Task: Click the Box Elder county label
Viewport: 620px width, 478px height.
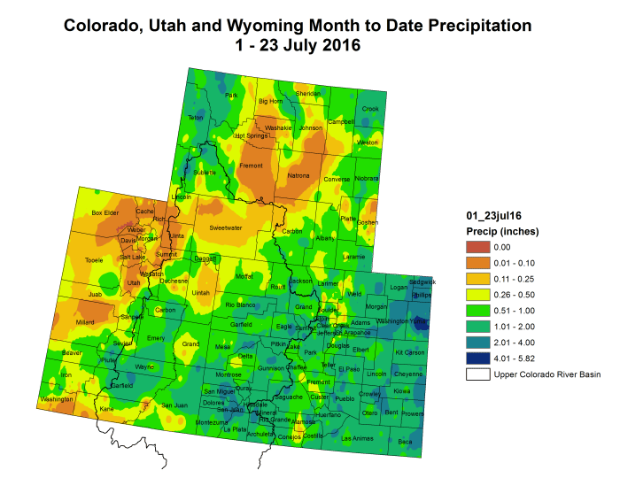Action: (105, 213)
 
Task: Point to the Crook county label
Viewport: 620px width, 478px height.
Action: (370, 109)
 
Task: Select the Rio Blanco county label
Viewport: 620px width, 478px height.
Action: (240, 305)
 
